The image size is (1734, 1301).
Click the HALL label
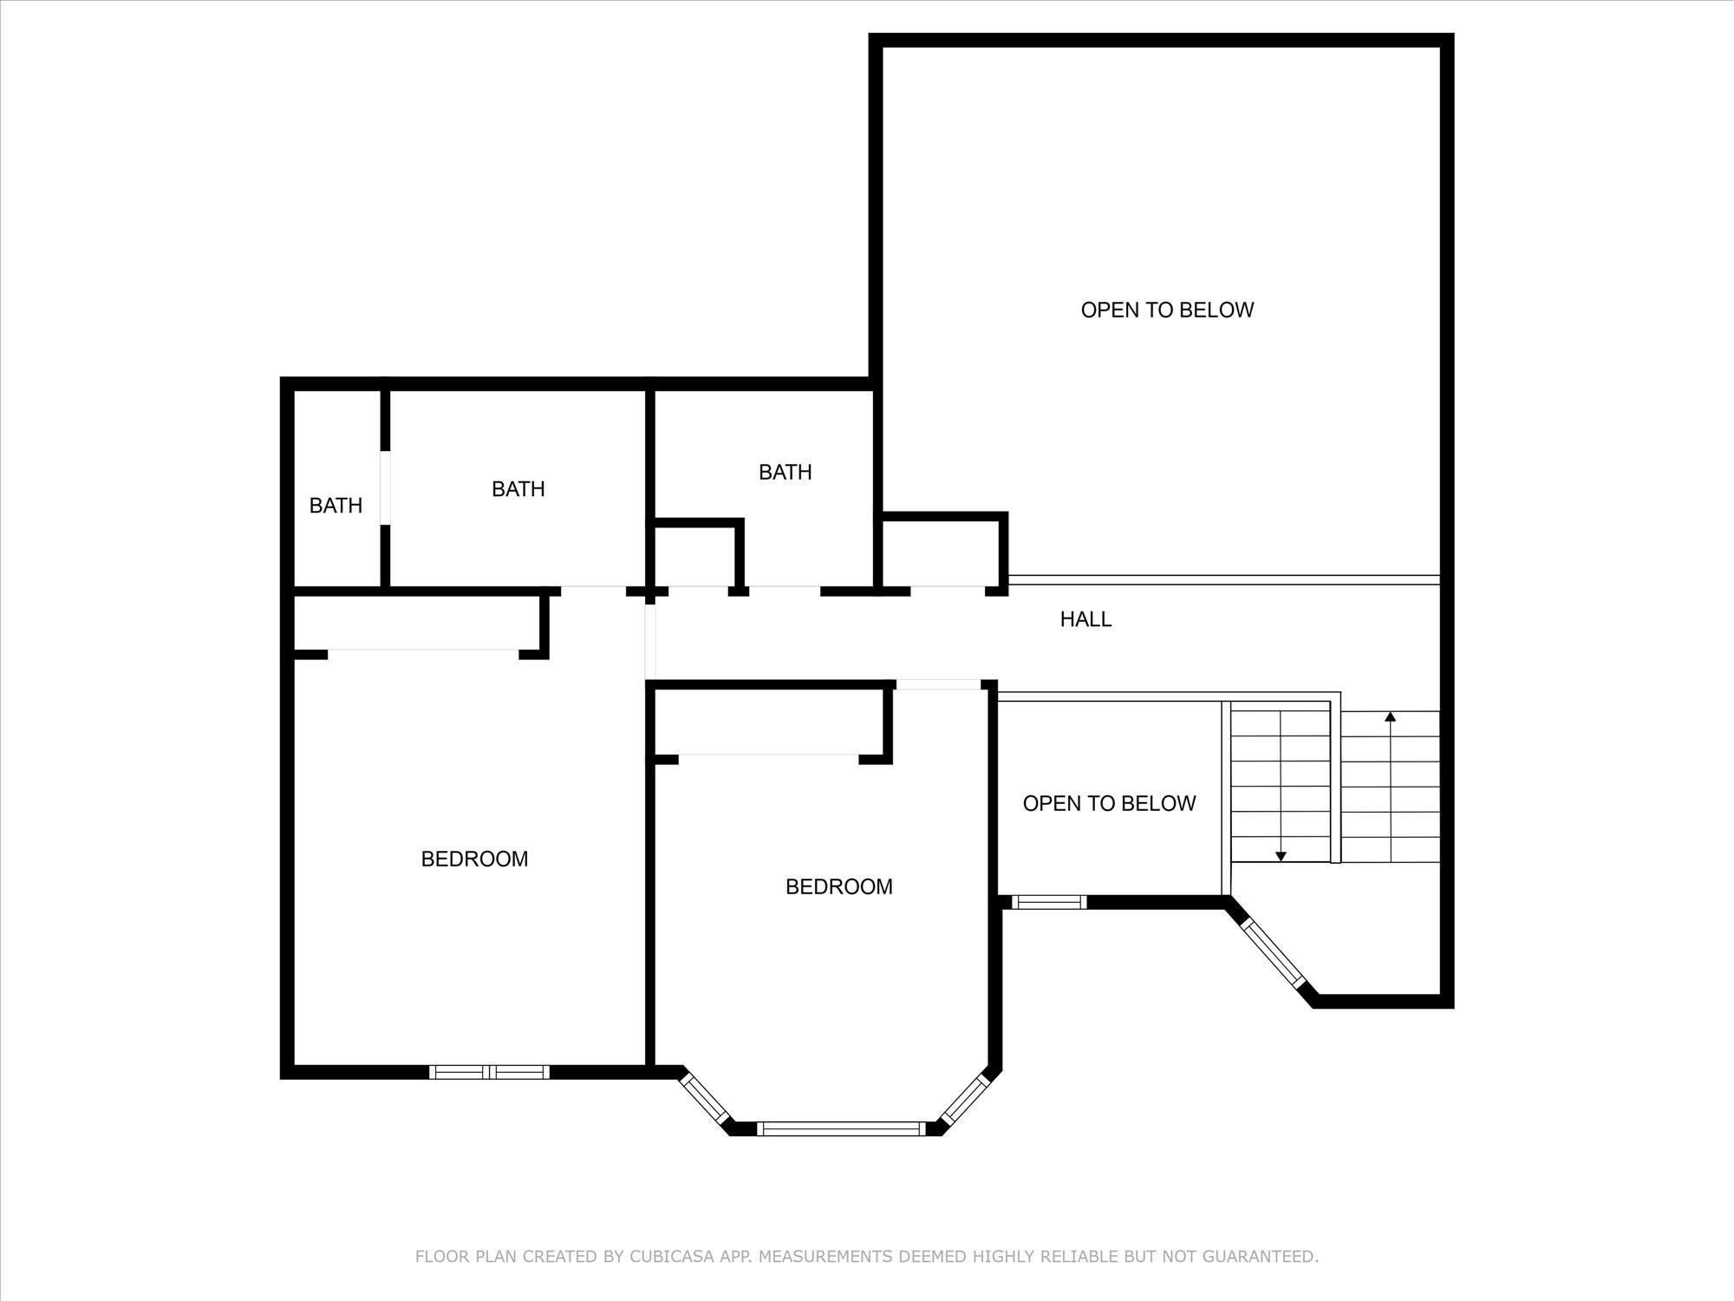pos(1085,619)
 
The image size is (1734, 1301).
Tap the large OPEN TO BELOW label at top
pos(1167,310)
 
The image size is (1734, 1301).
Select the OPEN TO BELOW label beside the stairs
pos(1109,803)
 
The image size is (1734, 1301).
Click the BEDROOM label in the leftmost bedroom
pos(474,859)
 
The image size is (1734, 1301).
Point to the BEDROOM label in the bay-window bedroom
pos(838,886)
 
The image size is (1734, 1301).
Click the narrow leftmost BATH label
pos(336,506)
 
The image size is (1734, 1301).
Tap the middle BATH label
pos(518,489)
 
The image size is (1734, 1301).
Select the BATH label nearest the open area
pos(785,472)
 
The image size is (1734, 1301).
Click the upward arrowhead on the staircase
pos(1391,717)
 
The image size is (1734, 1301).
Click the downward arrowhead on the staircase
pos(1281,857)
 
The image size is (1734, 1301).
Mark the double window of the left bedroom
pos(490,1072)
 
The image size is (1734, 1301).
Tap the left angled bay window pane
pos(704,1099)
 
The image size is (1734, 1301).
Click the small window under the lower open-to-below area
pos(1049,902)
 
